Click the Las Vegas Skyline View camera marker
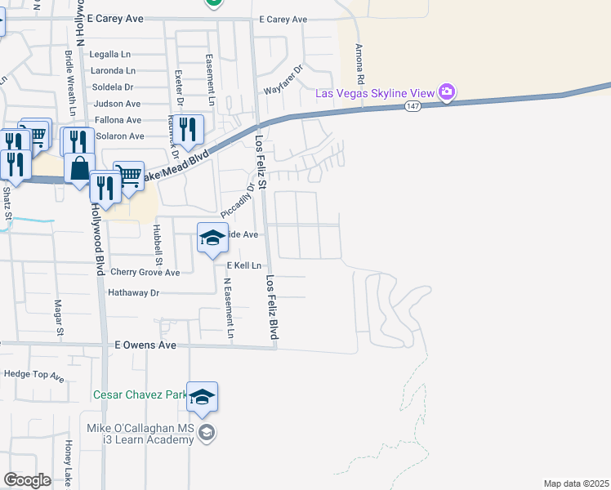[x=446, y=92]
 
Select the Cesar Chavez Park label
[x=140, y=394]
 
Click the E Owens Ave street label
[x=146, y=345]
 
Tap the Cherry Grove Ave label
[x=145, y=272]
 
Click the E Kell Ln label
[x=244, y=266]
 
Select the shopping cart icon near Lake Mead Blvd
[x=129, y=176]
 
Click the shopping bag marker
[x=79, y=168]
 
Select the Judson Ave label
[x=118, y=104]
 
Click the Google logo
[x=27, y=480]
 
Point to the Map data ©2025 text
[x=577, y=483]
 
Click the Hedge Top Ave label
[x=34, y=374]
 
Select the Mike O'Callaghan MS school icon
[x=207, y=433]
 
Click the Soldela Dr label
[x=113, y=87]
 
